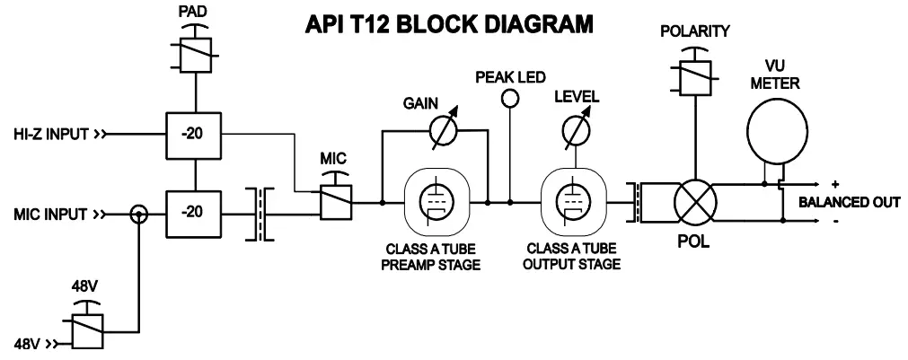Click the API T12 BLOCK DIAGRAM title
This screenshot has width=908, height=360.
coord(450,23)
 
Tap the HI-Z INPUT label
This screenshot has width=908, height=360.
coord(51,136)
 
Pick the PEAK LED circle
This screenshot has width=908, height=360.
coord(510,96)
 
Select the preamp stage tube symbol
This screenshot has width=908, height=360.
coord(434,203)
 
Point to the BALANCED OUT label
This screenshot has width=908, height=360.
coord(849,203)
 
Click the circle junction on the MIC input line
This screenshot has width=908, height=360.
coord(138,215)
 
